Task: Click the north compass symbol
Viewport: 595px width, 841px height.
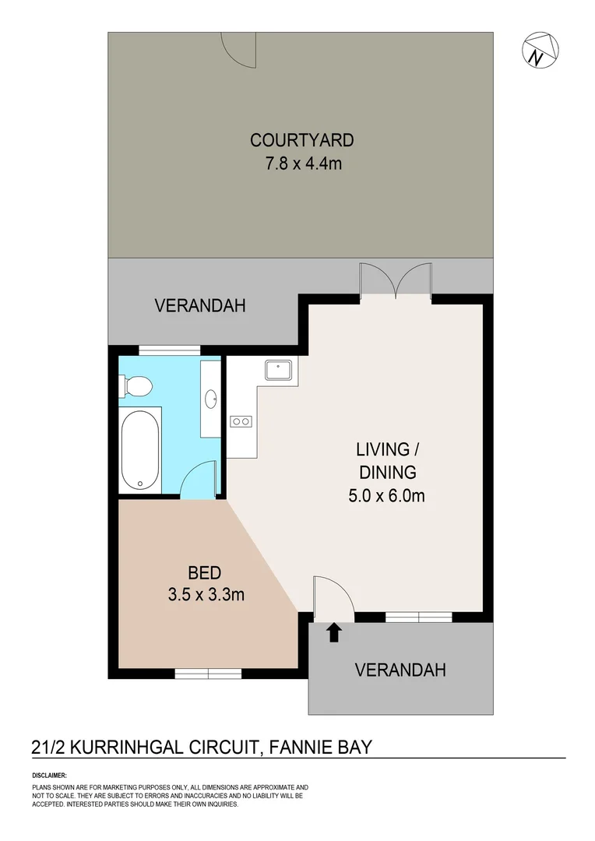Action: pos(540,51)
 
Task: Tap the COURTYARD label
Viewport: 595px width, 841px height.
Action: pos(301,140)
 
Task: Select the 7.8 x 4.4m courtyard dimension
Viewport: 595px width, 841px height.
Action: pos(301,164)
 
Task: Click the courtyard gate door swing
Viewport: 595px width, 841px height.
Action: pos(237,48)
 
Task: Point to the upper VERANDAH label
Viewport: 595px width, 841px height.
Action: pos(200,306)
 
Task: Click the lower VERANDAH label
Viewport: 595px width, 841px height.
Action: pos(400,670)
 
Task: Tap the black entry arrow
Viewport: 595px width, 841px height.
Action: pos(334,632)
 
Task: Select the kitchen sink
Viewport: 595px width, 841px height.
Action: pos(278,369)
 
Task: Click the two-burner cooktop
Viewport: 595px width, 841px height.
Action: pos(241,421)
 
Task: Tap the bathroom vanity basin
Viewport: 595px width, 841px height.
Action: pos(211,399)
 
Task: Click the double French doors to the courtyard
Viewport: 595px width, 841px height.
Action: pos(396,281)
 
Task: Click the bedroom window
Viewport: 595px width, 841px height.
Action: pos(208,674)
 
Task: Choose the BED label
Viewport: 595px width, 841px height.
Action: pos(206,573)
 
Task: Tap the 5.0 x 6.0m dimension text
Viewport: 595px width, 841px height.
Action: pos(386,494)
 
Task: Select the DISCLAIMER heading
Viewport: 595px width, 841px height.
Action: pos(50,776)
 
